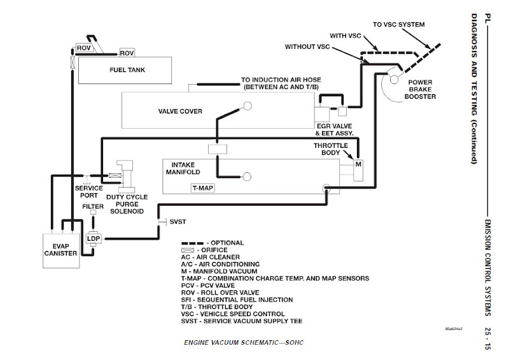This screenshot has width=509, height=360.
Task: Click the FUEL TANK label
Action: (x=127, y=70)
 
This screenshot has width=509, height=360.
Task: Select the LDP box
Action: (x=94, y=239)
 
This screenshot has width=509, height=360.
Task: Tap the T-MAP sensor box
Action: (x=203, y=188)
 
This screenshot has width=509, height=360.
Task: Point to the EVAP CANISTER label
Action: (x=60, y=250)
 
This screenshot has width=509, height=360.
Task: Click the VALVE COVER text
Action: (x=180, y=112)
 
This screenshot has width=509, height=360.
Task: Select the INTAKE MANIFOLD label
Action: (x=183, y=168)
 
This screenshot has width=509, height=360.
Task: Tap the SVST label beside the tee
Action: (x=178, y=222)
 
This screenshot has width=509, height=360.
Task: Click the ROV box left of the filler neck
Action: (x=84, y=48)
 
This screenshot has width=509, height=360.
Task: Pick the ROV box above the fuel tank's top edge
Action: (x=127, y=53)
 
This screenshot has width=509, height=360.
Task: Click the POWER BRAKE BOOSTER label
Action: (x=420, y=89)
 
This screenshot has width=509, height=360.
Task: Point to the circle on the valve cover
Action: (x=248, y=106)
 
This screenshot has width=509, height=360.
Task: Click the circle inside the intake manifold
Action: (x=247, y=176)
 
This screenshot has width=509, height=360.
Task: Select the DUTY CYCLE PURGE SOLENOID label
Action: (x=127, y=205)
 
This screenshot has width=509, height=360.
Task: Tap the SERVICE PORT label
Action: (x=89, y=192)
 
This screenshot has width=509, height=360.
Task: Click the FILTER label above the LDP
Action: (x=93, y=206)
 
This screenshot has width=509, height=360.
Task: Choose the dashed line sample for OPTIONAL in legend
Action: (x=192, y=243)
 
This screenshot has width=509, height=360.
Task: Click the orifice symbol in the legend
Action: (x=188, y=250)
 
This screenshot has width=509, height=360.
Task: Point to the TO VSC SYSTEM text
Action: (x=399, y=24)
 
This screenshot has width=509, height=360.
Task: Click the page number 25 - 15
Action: (x=487, y=338)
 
